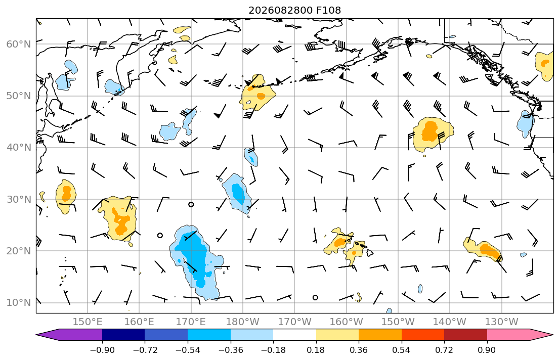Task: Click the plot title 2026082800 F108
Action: pyautogui.click(x=294, y=10)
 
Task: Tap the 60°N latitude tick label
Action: pyautogui.click(x=19, y=44)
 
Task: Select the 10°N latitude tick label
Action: pyautogui.click(x=19, y=303)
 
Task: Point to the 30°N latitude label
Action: pyautogui.click(x=19, y=199)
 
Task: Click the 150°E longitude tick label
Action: pyautogui.click(x=88, y=322)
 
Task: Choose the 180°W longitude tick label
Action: pyautogui.click(x=243, y=322)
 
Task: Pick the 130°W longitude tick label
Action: pyautogui.click(x=502, y=322)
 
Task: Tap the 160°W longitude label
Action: pyautogui.click(x=346, y=322)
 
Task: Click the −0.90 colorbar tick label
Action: pyautogui.click(x=102, y=350)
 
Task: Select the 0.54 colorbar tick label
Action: pyautogui.click(x=402, y=350)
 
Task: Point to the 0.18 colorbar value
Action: pyautogui.click(x=316, y=350)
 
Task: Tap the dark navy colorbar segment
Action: pyautogui.click(x=123, y=335)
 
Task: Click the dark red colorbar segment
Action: pyautogui.click(x=465, y=335)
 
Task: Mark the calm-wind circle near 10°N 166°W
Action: pyautogui.click(x=315, y=298)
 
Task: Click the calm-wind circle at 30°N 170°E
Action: pyautogui.click(x=191, y=205)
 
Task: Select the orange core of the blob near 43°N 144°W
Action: pyautogui.click(x=430, y=131)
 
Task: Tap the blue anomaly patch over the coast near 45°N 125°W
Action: pyautogui.click(x=525, y=124)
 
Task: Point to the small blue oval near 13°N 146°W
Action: pyautogui.click(x=420, y=289)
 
